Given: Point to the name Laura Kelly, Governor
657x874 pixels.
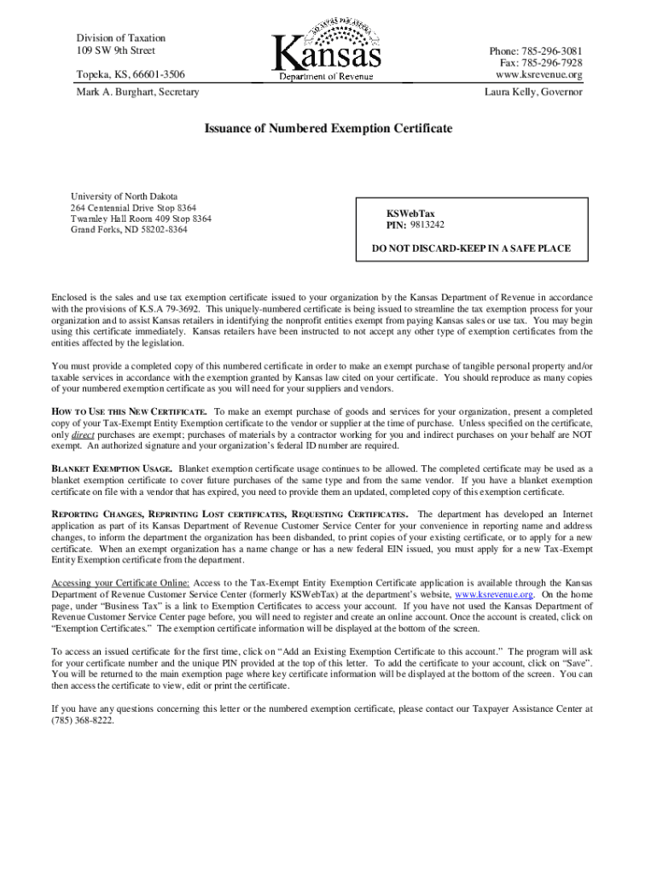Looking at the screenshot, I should [x=533, y=91].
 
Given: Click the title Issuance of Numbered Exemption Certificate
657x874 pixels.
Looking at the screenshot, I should [x=328, y=129].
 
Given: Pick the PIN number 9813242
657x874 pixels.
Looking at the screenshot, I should [x=427, y=225].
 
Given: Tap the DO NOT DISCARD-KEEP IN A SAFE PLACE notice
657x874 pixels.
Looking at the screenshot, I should [x=471, y=249].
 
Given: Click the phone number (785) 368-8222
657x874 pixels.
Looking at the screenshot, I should [x=83, y=720].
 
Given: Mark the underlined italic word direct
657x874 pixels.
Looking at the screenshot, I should [x=83, y=434].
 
